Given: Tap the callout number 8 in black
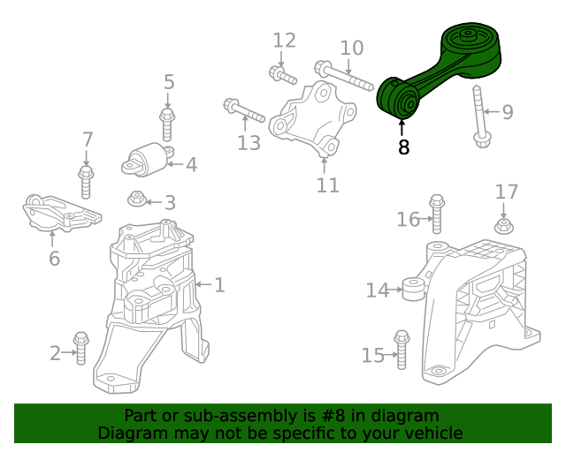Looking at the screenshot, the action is click(x=403, y=147).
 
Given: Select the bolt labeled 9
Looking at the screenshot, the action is click(x=479, y=116).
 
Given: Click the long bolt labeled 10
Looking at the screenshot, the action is click(x=344, y=76).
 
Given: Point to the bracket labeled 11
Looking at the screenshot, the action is click(x=312, y=119).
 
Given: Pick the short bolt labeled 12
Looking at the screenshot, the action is click(x=283, y=75).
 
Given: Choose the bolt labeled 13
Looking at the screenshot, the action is click(x=244, y=110).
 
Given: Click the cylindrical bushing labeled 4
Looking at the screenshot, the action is click(x=148, y=160).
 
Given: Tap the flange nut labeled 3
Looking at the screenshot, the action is click(x=137, y=199).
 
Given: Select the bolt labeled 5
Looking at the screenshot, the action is click(x=167, y=124).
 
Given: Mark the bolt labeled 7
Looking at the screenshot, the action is click(x=86, y=182).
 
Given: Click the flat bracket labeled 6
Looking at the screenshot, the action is click(x=61, y=215).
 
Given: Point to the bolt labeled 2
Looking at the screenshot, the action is click(x=80, y=348).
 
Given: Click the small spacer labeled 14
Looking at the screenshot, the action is click(x=414, y=289).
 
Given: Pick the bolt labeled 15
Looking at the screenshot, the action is click(x=402, y=350).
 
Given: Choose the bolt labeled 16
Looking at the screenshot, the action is click(x=437, y=215).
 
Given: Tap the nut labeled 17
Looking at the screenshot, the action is click(x=504, y=226).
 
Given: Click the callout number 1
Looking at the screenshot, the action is click(x=219, y=285).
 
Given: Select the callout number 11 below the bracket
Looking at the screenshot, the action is click(x=328, y=185).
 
